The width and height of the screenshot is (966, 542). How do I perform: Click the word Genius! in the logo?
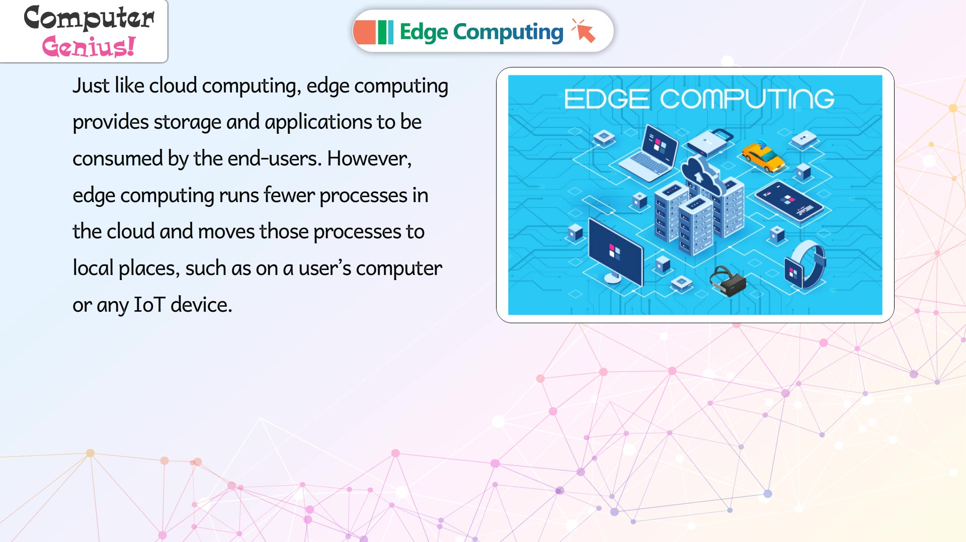[x=89, y=46]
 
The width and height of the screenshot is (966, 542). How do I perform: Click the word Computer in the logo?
[x=89, y=18]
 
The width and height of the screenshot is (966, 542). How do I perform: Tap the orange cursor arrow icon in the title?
[x=584, y=31]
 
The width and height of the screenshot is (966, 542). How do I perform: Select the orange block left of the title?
[x=364, y=32]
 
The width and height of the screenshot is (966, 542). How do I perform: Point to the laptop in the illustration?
[x=649, y=153]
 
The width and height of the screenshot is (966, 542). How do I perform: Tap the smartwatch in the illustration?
[x=804, y=264]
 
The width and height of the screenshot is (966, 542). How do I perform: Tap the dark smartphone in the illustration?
[x=788, y=201]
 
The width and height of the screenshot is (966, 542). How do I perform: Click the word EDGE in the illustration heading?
[x=606, y=99]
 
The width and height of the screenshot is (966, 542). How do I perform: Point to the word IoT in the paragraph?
[x=149, y=305]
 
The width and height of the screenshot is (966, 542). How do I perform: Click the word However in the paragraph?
[x=369, y=159]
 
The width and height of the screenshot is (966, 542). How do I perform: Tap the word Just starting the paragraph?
[x=91, y=85]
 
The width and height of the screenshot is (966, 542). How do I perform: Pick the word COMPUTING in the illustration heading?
[x=747, y=99]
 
